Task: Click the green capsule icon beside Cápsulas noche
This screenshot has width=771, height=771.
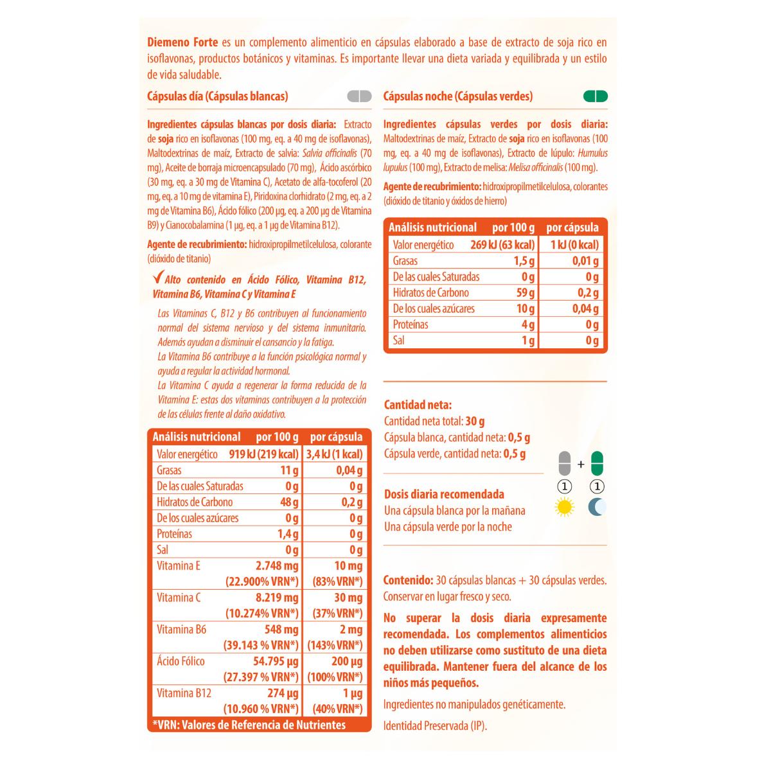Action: click(x=594, y=97)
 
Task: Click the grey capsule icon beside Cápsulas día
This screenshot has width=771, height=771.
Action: click(x=359, y=97)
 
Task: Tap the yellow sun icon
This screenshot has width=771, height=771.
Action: click(x=564, y=508)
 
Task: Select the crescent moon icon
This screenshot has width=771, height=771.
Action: click(x=598, y=508)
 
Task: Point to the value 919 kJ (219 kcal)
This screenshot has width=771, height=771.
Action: click(x=263, y=454)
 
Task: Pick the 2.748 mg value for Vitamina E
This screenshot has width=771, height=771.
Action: click(x=277, y=566)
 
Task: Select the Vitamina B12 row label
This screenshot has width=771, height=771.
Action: click(x=184, y=693)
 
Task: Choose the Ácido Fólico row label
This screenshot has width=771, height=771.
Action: click(x=181, y=661)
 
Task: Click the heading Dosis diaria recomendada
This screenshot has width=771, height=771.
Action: click(x=444, y=494)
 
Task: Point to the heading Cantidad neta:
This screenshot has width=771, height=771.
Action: click(x=418, y=405)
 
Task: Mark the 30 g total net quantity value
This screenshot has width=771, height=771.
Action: click(x=475, y=421)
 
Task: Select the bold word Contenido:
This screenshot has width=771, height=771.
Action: click(x=407, y=580)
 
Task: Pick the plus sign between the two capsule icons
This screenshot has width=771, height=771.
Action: click(x=581, y=463)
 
